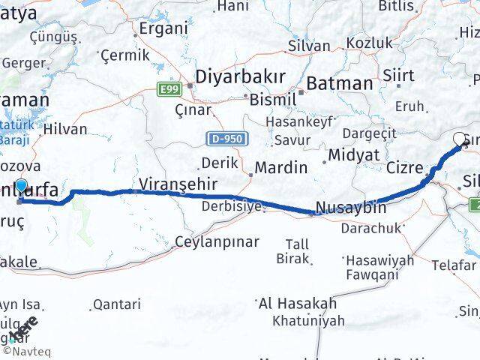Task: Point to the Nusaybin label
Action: click(x=351, y=208)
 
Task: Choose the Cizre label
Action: click(x=405, y=167)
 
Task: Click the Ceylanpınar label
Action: click(x=216, y=241)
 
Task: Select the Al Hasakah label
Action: click(x=297, y=304)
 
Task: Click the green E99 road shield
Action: click(x=168, y=89)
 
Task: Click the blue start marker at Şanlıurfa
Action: click(x=21, y=187)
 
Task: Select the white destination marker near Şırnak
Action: click(x=460, y=139)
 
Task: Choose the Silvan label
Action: click(x=309, y=45)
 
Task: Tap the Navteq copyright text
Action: click(x=26, y=349)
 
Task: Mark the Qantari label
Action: click(x=116, y=304)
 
